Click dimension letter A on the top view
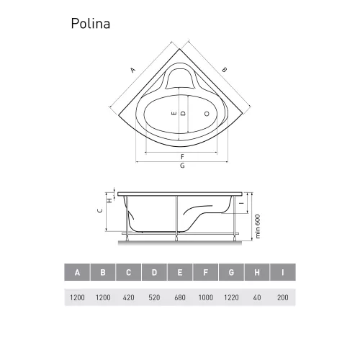(x=132, y=70)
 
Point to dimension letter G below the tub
(x=182, y=166)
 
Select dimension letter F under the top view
(x=182, y=156)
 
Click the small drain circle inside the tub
(x=208, y=114)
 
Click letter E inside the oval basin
(x=174, y=114)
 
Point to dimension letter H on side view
(x=109, y=200)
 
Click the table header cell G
(x=231, y=273)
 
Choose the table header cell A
(x=77, y=273)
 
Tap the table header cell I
(x=283, y=273)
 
